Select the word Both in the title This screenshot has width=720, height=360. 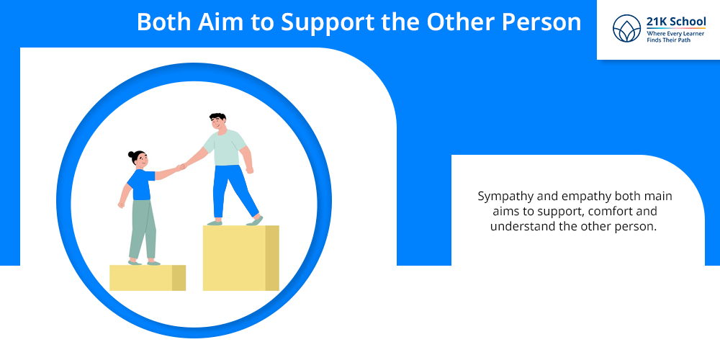point(165,22)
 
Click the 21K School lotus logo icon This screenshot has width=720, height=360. point(627,29)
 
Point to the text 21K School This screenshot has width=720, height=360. point(676,22)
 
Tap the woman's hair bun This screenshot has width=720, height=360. point(131,154)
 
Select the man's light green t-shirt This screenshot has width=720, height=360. point(225,147)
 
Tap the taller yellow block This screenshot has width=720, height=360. point(240,258)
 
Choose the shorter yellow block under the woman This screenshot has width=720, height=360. point(148,278)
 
